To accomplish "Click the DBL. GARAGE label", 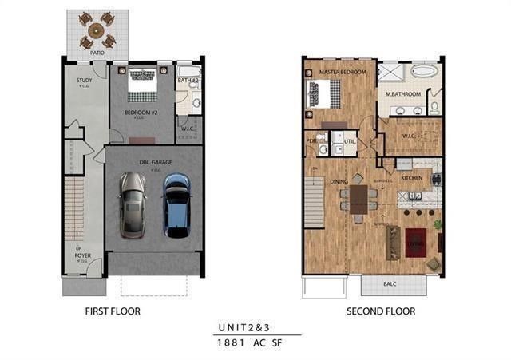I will coord(156,163).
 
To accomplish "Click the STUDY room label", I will coord(85,81).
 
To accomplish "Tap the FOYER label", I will coord(83,256).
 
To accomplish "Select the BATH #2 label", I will coord(188,81).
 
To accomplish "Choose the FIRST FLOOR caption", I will coord(109,311).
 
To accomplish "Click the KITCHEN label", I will coord(411,178).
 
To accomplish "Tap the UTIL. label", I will coord(350,141).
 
